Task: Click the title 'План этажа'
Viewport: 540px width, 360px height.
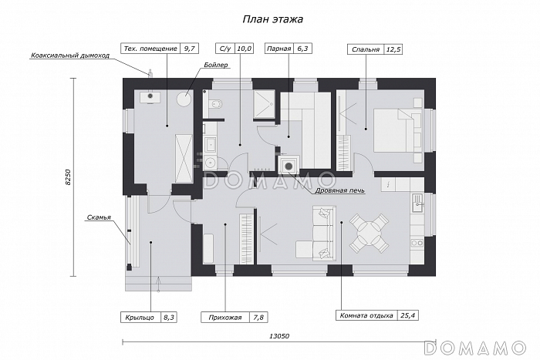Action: coord(273,19)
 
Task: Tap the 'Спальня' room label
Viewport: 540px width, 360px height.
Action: coord(366,49)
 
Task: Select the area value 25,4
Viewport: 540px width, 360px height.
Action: coord(408,315)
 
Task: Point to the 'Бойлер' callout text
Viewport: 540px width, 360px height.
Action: coord(216,65)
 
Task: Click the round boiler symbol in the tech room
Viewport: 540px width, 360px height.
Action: coord(184,99)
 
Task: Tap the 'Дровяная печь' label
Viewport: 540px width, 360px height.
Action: coord(339,190)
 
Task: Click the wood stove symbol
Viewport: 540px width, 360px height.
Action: coord(289,167)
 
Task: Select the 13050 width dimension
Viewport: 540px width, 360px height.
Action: coord(279,336)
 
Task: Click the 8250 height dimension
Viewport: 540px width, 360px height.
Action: coord(68,177)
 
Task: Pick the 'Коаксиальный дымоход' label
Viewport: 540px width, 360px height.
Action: coord(70,55)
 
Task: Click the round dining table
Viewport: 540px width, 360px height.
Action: coord(369,234)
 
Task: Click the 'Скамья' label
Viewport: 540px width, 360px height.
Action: coord(99,217)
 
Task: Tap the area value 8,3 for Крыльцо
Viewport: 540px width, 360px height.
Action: coord(169,318)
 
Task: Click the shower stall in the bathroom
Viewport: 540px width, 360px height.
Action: coord(264,104)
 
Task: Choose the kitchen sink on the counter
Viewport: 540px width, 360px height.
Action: coord(418,203)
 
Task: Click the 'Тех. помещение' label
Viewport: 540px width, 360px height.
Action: coord(150,49)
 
